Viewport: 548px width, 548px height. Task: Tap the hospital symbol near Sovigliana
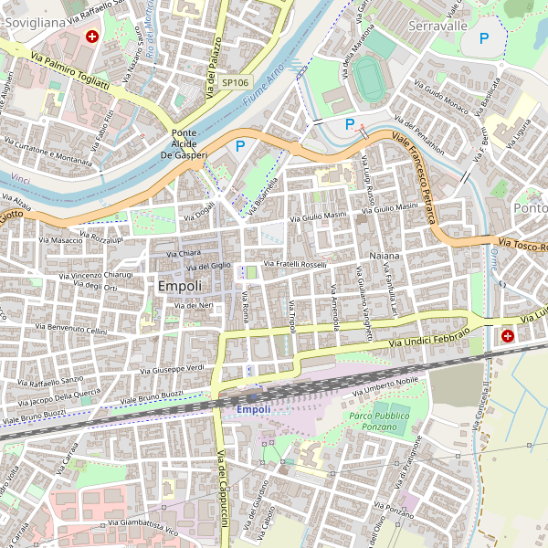(92, 37)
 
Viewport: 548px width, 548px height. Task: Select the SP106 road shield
(235, 82)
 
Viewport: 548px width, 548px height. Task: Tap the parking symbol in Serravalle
(484, 38)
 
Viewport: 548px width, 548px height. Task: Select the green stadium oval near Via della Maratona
(369, 79)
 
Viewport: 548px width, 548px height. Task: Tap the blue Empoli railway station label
(254, 409)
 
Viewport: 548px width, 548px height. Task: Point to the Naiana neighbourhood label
(385, 256)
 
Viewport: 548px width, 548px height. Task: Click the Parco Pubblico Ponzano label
(379, 422)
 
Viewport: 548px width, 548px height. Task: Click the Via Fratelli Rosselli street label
(295, 265)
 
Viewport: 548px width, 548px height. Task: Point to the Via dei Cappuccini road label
(221, 489)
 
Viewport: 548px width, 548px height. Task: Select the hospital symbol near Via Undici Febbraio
(507, 336)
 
